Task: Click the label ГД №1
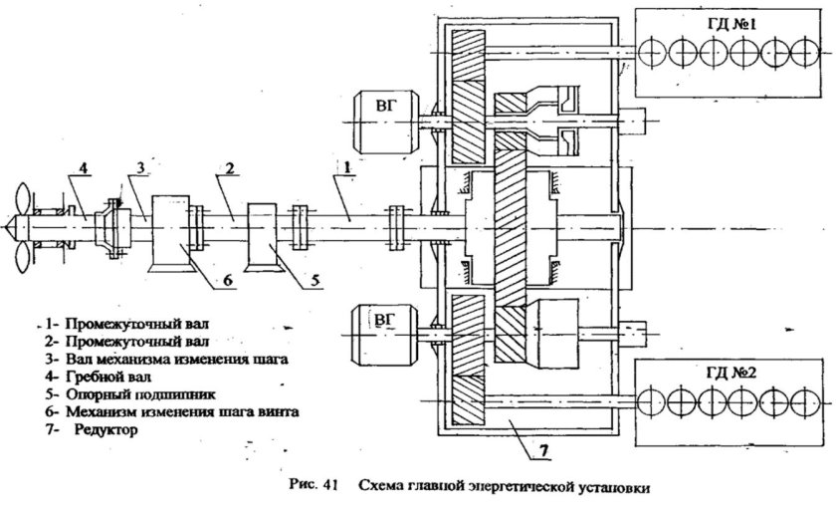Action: coord(732,19)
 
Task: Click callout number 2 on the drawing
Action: coord(229,171)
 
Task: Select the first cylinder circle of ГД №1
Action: coord(658,48)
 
